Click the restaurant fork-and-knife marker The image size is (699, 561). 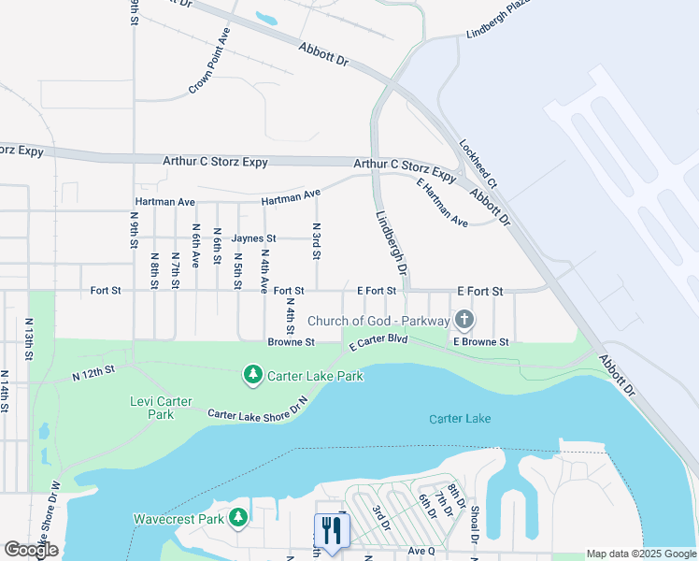click(x=331, y=530)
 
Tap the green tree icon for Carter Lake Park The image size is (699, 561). click(x=252, y=375)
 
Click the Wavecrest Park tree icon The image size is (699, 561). click(x=239, y=517)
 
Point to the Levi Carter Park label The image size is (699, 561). click(x=161, y=408)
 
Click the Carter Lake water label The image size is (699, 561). click(x=460, y=419)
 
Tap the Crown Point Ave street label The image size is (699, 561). click(x=209, y=60)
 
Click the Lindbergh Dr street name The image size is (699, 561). click(x=392, y=242)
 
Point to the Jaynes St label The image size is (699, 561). click(x=254, y=239)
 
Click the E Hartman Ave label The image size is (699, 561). click(x=442, y=203)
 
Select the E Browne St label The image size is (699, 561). click(x=480, y=342)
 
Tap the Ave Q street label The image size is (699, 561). click(x=421, y=552)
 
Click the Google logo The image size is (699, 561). click(x=31, y=550)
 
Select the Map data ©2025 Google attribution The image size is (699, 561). click(x=640, y=554)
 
